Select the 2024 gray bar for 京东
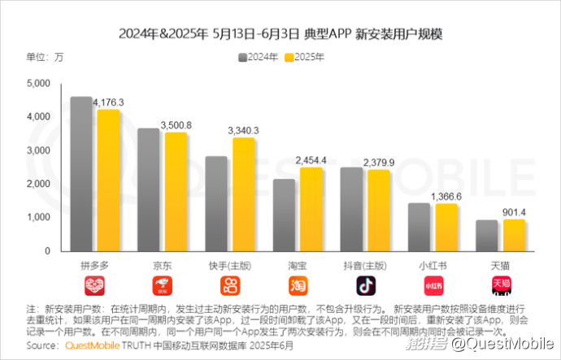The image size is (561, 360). click(148, 191)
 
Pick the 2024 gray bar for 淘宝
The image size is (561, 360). click(284, 216)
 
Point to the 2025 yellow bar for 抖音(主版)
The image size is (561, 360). click(378, 211)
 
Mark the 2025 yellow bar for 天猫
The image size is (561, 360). click(513, 236)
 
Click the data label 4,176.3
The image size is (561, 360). click(108, 102)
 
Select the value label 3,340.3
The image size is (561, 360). click(243, 130)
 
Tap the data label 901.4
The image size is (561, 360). click(513, 212)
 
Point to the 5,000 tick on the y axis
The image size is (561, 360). click(39, 83)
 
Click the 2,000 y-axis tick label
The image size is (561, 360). click(39, 184)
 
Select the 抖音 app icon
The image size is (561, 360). click(366, 285)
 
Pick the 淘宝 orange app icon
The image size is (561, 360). click(298, 285)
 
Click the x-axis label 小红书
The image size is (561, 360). click(433, 266)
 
